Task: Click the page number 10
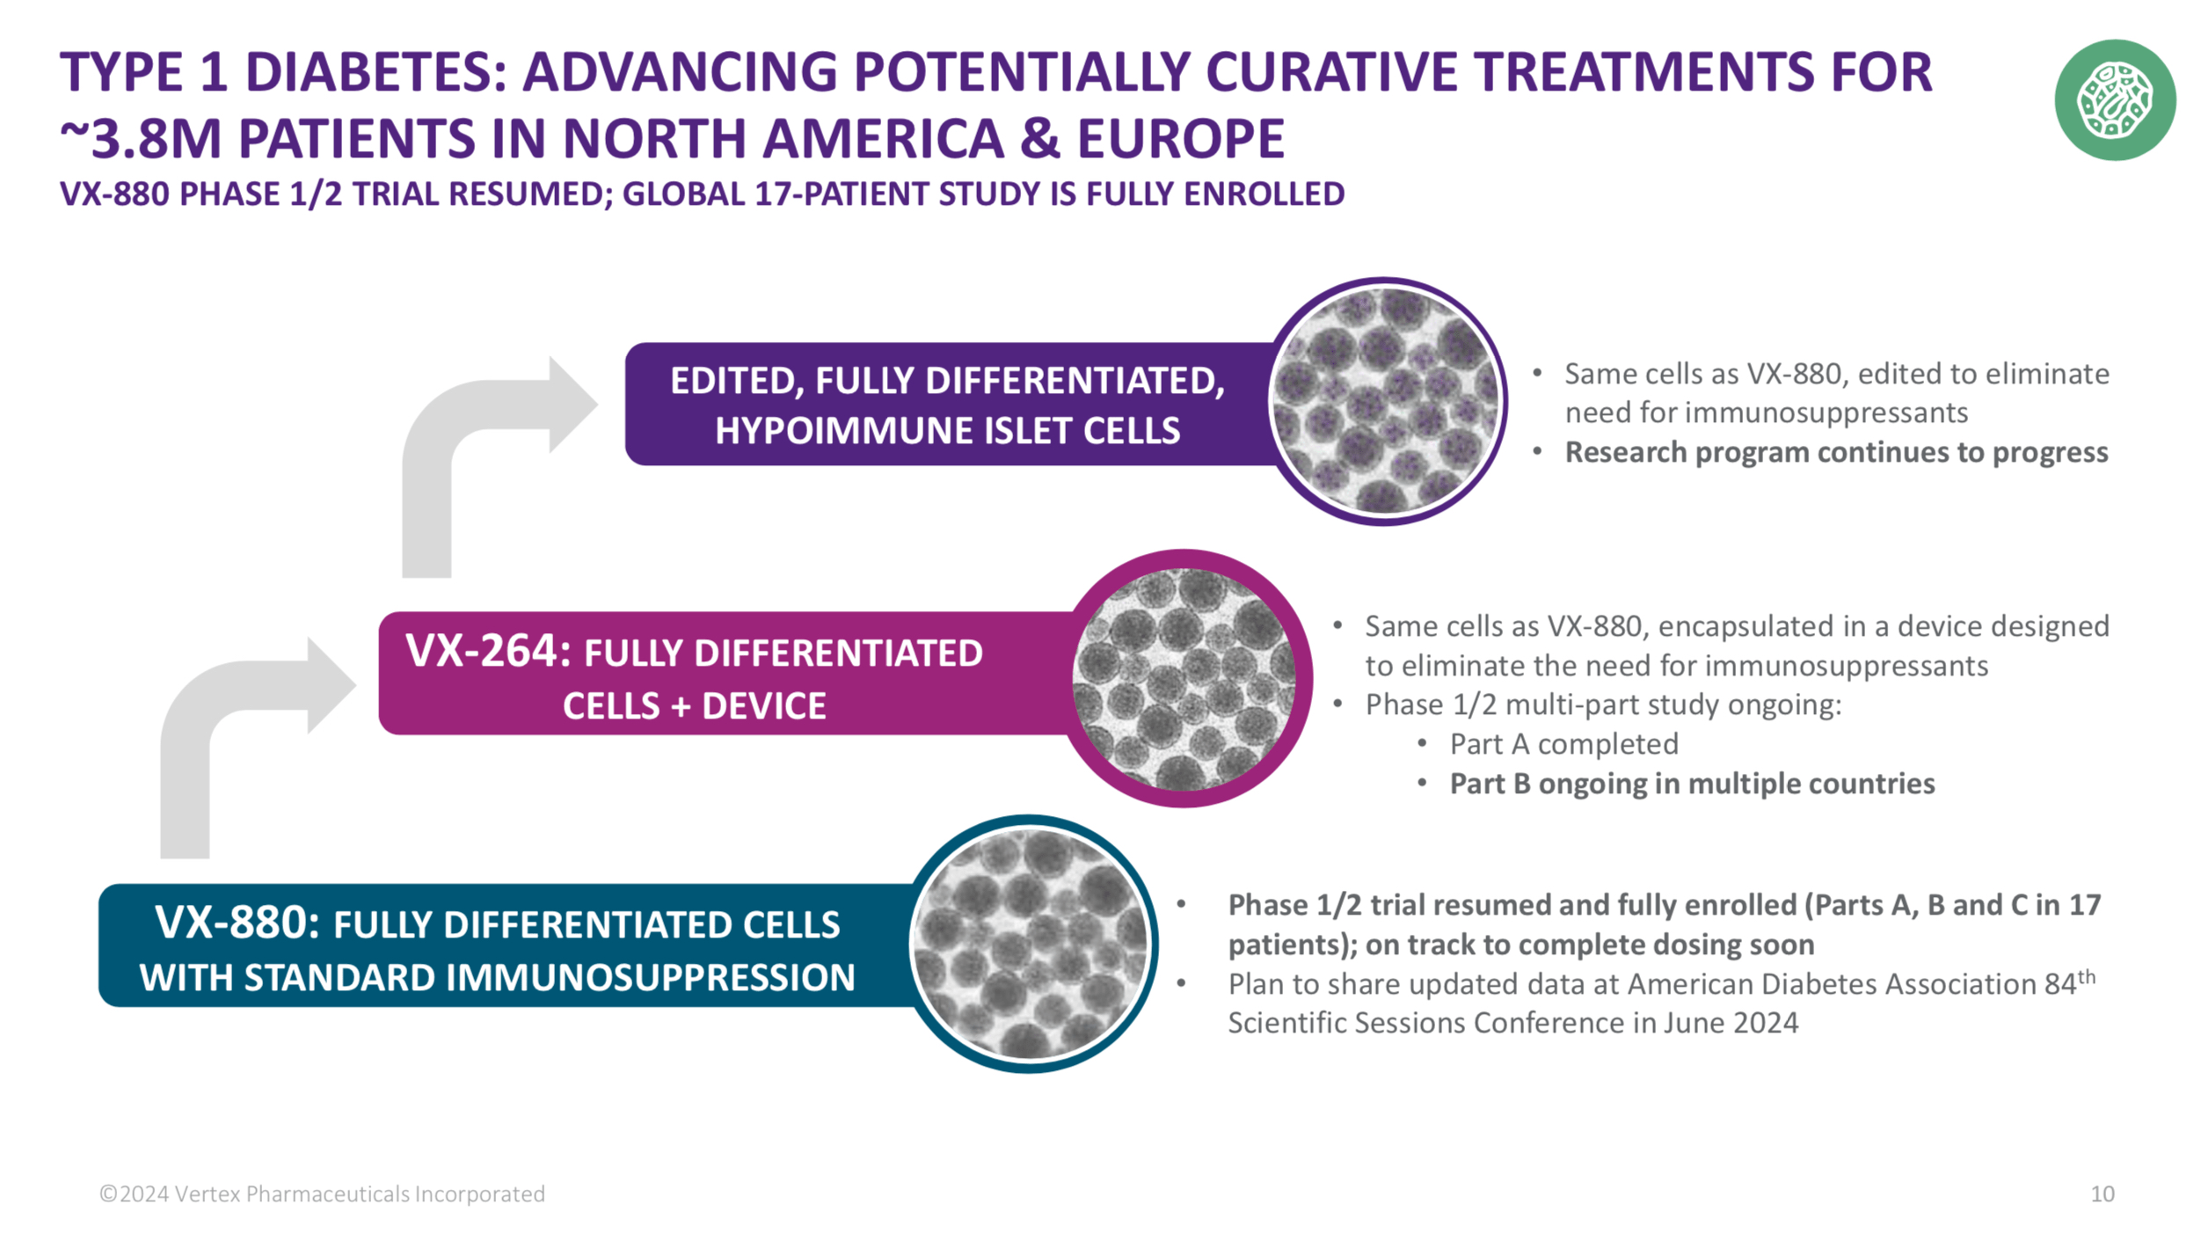[x=2101, y=1193]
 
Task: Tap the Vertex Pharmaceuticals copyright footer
[x=322, y=1193]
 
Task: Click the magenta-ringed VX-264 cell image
[x=1184, y=678]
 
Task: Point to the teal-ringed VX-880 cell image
[x=1031, y=944]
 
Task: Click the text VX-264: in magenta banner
[x=487, y=651]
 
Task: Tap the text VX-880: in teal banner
[x=236, y=923]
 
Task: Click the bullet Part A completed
[x=1563, y=744]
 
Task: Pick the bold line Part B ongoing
[x=1690, y=784]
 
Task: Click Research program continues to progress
[x=1835, y=452]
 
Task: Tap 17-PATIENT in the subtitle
[x=842, y=193]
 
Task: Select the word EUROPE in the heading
[x=1180, y=139]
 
